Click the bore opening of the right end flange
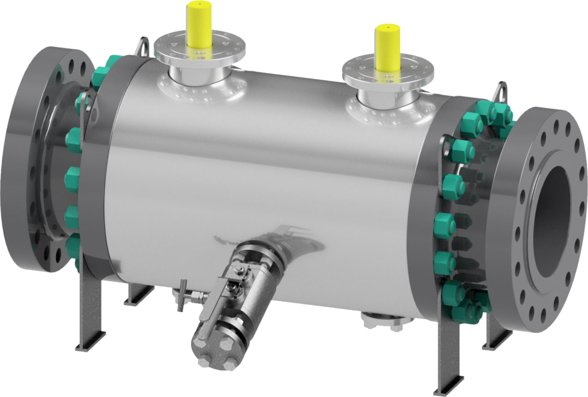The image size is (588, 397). (554, 206)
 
